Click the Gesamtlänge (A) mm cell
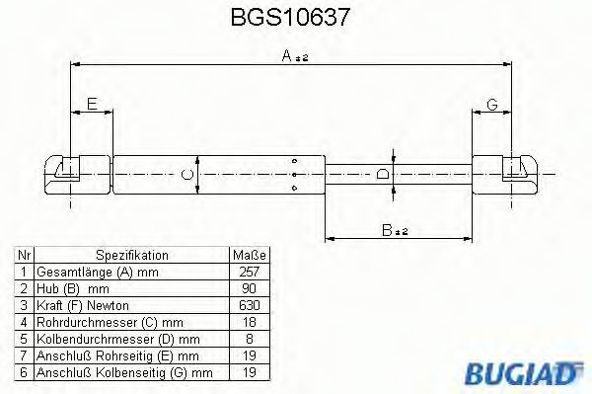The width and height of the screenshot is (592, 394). (83, 271)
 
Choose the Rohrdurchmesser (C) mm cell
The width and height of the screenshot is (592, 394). (96, 321)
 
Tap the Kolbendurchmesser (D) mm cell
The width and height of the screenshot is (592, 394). (101, 338)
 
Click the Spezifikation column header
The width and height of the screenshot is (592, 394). (131, 254)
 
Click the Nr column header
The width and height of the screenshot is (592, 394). (24, 254)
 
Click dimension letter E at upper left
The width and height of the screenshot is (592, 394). (91, 104)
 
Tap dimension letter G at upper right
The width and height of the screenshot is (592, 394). (491, 104)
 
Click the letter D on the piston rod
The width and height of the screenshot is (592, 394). (384, 175)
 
